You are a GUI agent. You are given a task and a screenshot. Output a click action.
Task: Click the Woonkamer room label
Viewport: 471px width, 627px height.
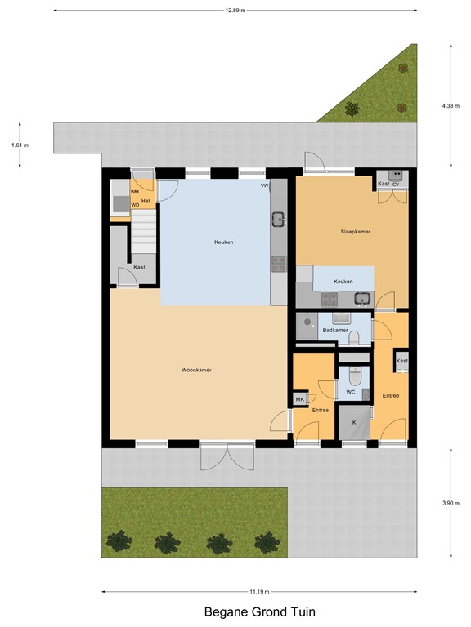click(196, 370)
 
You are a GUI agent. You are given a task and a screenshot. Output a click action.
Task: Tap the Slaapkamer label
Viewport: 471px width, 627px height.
click(356, 231)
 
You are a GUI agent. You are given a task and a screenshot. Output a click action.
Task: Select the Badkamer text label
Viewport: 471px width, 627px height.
click(335, 330)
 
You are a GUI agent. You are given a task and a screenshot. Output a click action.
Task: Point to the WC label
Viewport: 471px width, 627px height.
click(350, 392)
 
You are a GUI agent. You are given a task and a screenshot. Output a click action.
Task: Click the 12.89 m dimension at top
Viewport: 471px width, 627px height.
click(235, 11)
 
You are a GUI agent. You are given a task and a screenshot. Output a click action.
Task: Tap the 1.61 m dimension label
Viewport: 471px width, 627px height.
click(20, 145)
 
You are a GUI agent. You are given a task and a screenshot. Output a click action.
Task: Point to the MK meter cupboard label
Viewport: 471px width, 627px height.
click(299, 398)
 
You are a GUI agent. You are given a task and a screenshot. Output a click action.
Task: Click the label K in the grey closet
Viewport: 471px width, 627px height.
click(353, 422)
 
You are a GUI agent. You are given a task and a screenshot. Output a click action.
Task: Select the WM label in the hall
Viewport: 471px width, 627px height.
click(134, 191)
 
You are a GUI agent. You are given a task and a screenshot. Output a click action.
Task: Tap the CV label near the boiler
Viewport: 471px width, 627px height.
click(396, 185)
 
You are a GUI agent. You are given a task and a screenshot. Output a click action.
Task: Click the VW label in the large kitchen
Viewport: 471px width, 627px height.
click(264, 186)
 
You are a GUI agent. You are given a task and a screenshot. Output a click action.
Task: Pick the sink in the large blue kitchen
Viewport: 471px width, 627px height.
click(279, 219)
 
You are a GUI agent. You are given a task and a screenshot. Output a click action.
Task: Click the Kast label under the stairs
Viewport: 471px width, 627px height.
click(139, 267)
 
